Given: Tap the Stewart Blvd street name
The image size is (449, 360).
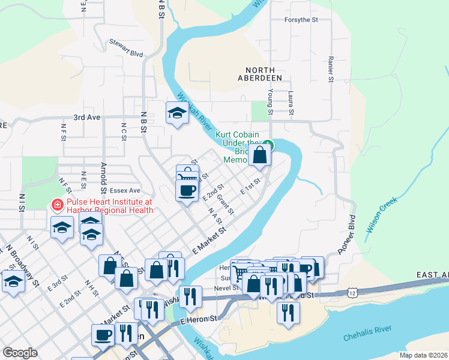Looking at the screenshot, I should pos(125,49).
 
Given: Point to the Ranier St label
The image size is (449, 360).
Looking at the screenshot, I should pos(330,70).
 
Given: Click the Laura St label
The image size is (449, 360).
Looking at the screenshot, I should pos(291,103).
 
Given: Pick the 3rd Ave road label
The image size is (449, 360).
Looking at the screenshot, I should pos(86,118).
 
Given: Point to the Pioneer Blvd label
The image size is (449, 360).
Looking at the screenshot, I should pos(348,235).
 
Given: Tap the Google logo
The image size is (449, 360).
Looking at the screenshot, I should pos(20,353).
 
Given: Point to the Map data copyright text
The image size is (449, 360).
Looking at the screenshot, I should pos(423,355).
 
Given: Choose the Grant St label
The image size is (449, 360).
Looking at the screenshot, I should pos(224,205).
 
